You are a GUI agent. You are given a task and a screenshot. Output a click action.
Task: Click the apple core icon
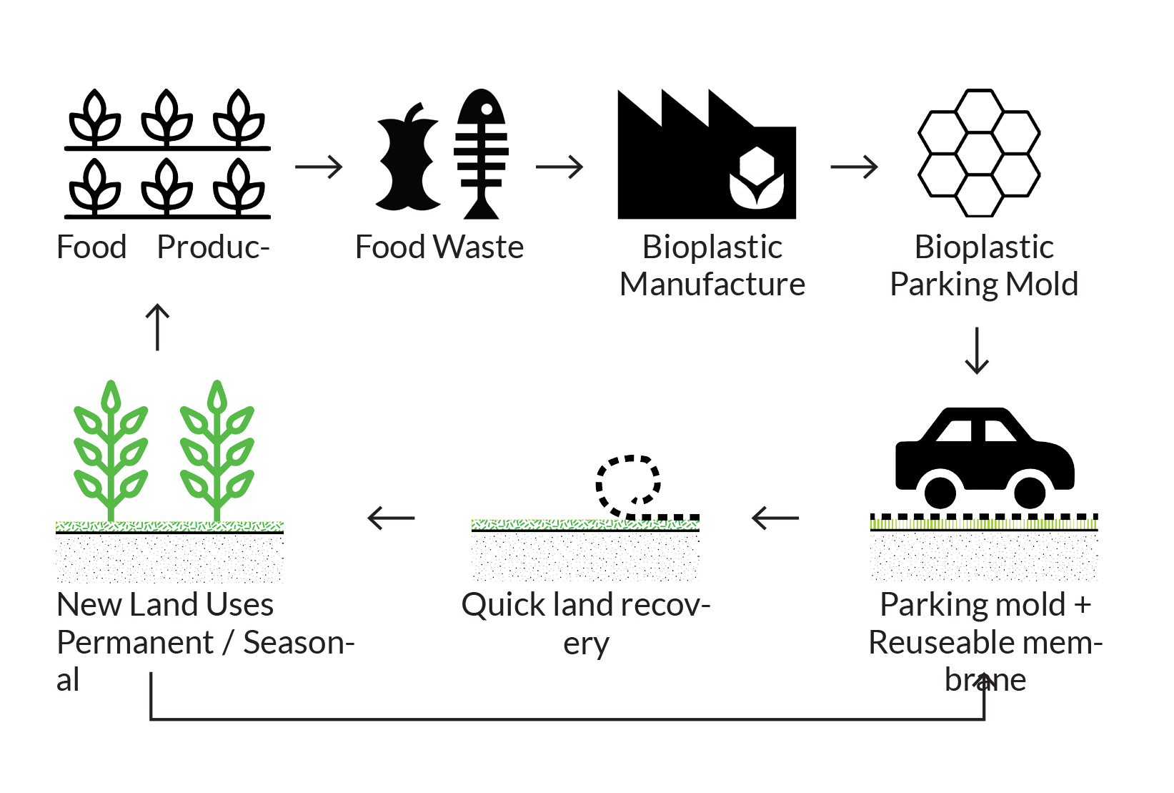(406, 157)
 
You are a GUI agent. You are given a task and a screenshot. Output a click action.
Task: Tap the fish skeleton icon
(482, 153)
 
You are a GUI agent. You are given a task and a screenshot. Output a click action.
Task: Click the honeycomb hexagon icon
(979, 153)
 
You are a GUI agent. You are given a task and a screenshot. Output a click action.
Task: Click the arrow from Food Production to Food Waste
(319, 167)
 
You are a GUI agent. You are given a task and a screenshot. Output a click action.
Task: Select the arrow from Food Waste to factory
(559, 167)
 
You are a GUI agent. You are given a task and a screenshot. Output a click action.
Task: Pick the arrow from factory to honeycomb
(854, 167)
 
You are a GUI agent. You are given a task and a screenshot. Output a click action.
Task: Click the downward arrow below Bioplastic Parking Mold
(977, 350)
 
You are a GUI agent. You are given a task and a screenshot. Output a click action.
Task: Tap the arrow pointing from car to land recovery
(775, 518)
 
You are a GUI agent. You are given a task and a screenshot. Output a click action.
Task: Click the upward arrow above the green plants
(157, 327)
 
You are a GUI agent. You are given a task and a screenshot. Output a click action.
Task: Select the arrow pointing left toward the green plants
(391, 518)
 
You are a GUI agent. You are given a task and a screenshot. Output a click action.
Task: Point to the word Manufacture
(712, 285)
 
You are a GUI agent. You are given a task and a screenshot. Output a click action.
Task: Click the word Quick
(503, 606)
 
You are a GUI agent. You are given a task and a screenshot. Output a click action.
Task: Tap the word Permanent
(135, 643)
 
